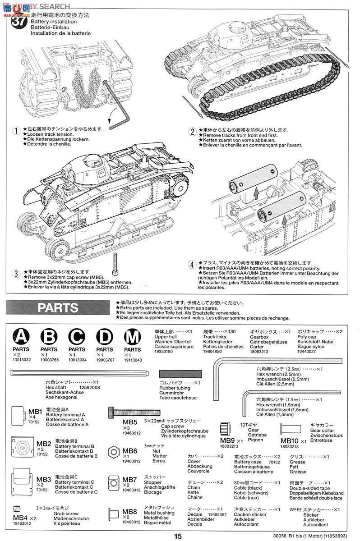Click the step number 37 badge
18,21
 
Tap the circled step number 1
17,131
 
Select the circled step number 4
192,265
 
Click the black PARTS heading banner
57,307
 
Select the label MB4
21,518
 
